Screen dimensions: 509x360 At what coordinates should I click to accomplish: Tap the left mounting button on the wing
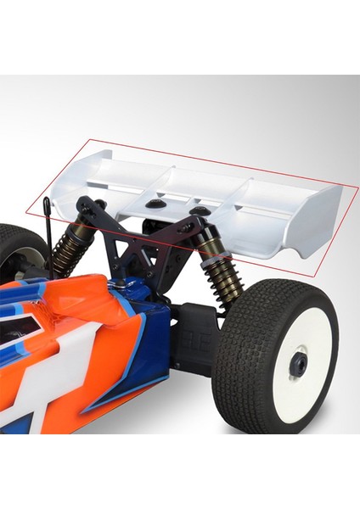159,204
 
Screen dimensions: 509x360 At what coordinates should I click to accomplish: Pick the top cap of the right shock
194,227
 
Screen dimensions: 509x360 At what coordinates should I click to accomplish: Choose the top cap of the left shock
88,206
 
